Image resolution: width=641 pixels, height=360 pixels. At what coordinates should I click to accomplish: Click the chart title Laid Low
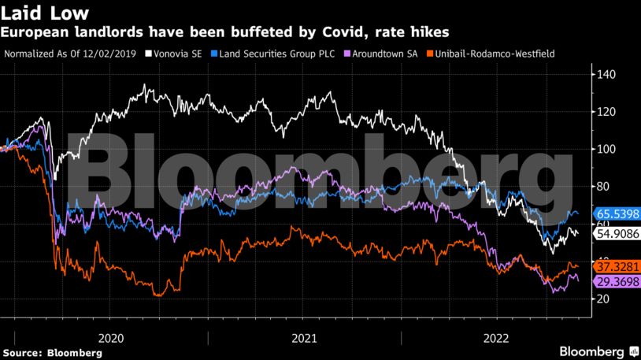click(44, 13)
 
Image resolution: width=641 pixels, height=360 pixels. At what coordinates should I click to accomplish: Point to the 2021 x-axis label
click(304, 337)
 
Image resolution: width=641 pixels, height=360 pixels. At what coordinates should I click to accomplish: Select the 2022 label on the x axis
click(498, 337)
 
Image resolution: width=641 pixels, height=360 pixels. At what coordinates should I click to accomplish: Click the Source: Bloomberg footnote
click(52, 352)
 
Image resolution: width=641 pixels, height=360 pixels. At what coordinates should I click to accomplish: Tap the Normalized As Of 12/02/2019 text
click(71, 54)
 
